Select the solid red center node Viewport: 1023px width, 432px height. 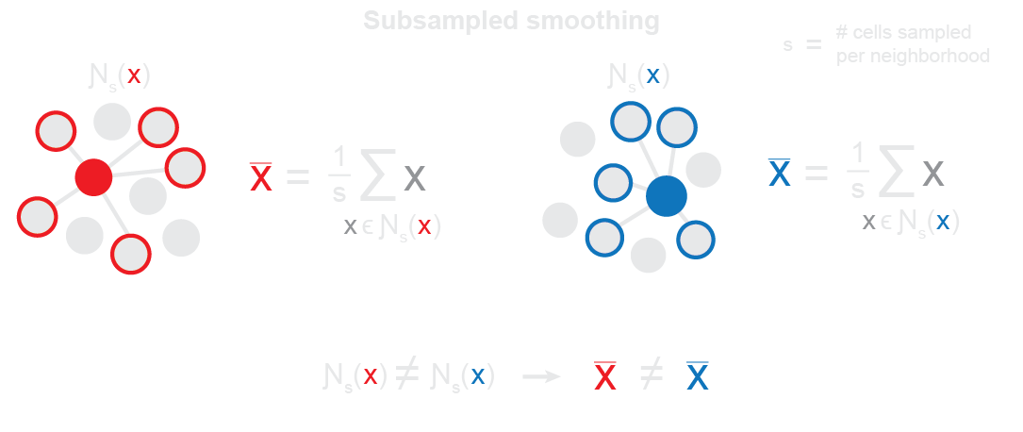93,176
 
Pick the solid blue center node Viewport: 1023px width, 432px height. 667,196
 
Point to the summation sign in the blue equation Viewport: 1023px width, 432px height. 890,174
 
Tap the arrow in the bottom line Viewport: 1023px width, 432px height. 541,376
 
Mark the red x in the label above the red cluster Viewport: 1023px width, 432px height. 134,75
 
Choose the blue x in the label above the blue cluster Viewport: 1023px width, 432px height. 652,75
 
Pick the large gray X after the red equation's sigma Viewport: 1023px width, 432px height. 414,176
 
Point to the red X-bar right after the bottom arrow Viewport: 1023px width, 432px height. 605,376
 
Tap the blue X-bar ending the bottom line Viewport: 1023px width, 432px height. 698,376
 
